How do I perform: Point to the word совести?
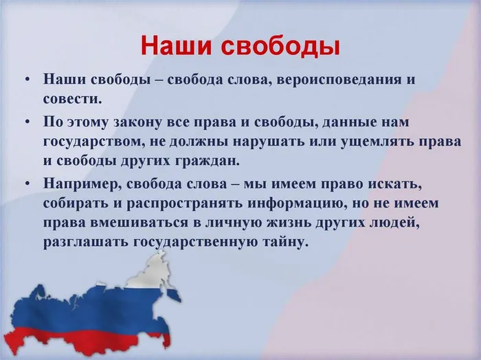(72, 99)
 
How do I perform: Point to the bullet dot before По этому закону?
(28, 122)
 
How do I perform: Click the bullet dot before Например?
(28, 184)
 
